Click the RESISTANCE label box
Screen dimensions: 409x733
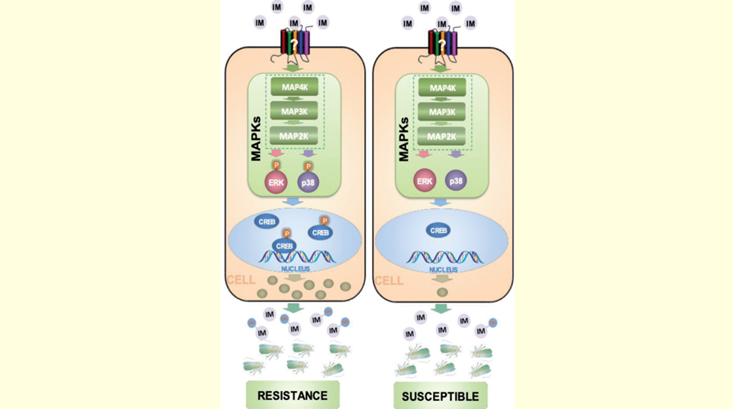pyautogui.click(x=293, y=395)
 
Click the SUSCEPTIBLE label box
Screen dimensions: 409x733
pyautogui.click(x=440, y=397)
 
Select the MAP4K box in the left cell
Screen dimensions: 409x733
pyautogui.click(x=294, y=87)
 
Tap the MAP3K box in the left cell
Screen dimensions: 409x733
pyautogui.click(x=294, y=111)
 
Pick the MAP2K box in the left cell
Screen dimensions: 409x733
pyautogui.click(x=294, y=136)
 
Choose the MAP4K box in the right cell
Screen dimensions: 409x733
pyautogui.click(x=442, y=88)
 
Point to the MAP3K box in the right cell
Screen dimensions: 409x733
pyautogui.click(x=442, y=112)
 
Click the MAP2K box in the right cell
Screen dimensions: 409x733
pyautogui.click(x=442, y=136)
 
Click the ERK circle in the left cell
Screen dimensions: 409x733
pyautogui.click(x=275, y=182)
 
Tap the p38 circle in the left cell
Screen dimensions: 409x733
pyautogui.click(x=308, y=182)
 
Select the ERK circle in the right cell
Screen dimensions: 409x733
pyautogui.click(x=425, y=181)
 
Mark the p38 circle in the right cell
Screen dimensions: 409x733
pyautogui.click(x=456, y=181)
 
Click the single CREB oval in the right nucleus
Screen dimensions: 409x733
pyautogui.click(x=438, y=230)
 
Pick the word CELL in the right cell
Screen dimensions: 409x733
pyautogui.click(x=389, y=281)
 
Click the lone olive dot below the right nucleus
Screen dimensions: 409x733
pyautogui.click(x=442, y=292)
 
